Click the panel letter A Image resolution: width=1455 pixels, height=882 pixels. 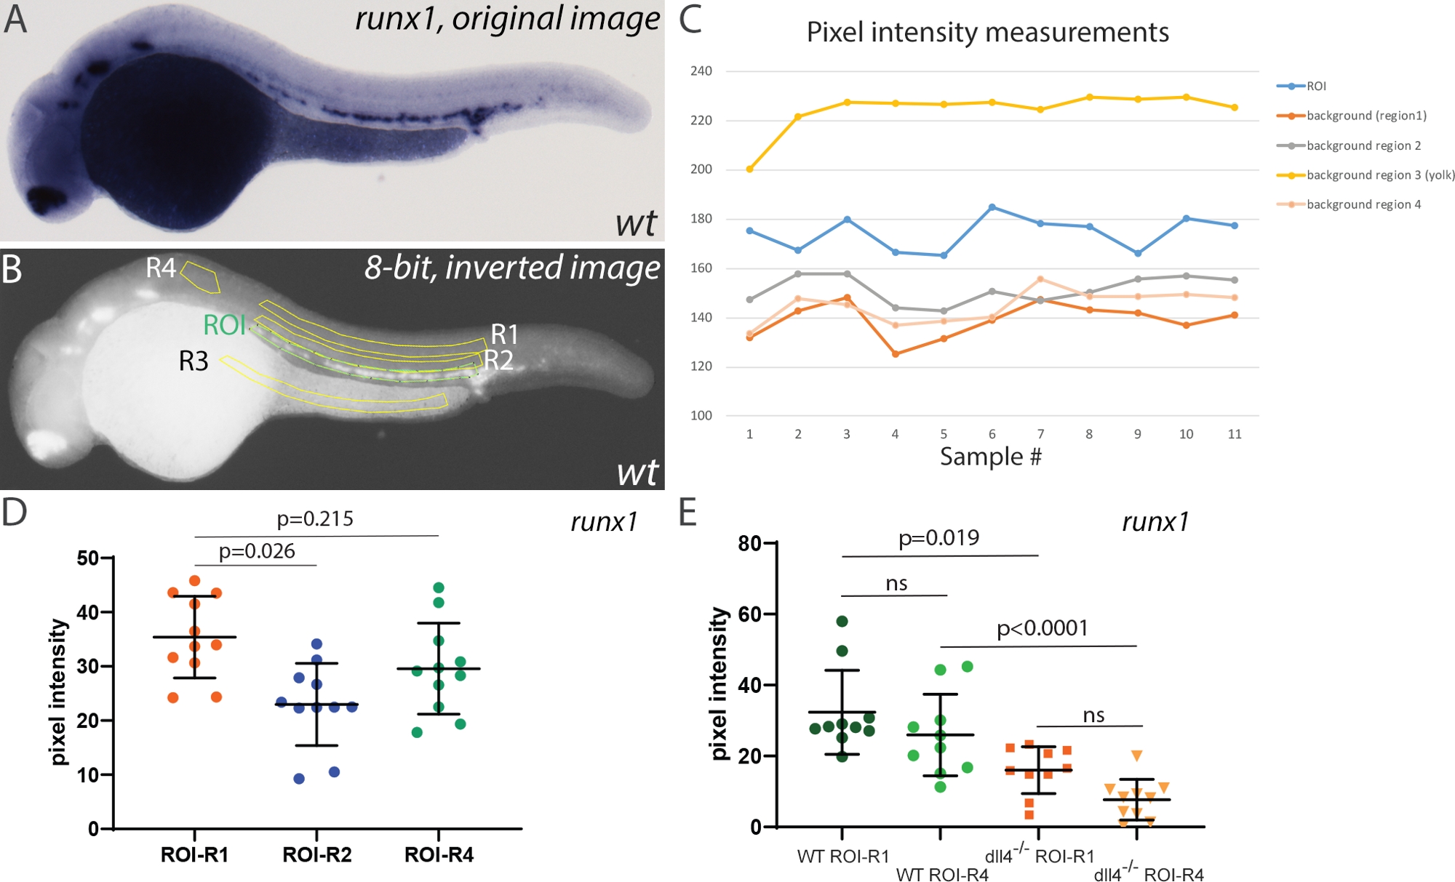point(15,20)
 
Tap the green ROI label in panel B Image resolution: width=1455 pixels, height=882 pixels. point(224,325)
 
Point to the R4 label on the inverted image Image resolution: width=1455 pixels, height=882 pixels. point(161,268)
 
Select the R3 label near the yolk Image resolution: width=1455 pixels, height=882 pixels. point(194,361)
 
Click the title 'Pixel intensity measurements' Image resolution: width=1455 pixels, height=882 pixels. point(987,33)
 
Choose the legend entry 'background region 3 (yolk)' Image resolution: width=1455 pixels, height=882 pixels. point(1380,175)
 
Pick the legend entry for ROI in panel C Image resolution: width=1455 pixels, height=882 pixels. point(1316,87)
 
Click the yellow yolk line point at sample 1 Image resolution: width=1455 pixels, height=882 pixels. point(749,169)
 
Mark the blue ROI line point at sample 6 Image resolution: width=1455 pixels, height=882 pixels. point(992,207)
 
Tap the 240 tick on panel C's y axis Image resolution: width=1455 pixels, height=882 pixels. point(701,71)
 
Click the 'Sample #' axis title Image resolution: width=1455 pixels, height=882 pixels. point(990,457)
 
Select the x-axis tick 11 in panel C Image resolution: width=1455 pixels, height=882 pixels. point(1235,434)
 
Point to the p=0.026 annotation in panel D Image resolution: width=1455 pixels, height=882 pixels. point(257,551)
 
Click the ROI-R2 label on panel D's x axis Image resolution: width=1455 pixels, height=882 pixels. point(316,855)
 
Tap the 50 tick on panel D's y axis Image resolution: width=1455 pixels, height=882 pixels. point(88,558)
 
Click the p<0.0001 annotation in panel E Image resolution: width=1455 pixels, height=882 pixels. point(1042,628)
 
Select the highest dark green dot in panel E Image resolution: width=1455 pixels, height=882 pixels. point(842,621)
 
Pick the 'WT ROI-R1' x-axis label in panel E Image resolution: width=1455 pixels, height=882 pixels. point(843,857)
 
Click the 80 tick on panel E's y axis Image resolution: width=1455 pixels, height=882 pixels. point(749,543)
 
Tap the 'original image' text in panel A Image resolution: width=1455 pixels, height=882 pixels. point(556,19)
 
